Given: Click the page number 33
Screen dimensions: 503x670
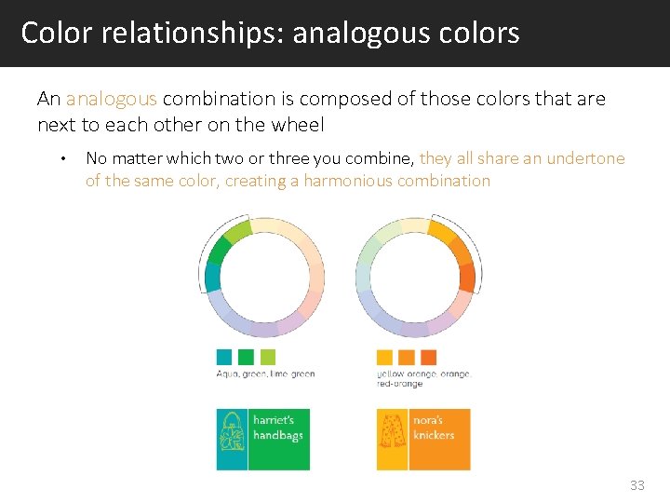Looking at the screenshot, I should (x=636, y=485).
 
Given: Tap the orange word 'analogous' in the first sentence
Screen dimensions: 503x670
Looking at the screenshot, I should (x=111, y=99).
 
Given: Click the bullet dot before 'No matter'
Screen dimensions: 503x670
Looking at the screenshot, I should (x=61, y=158).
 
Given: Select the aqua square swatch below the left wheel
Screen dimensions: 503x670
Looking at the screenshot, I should (x=223, y=357).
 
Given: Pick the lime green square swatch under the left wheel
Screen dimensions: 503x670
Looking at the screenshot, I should (x=268, y=357).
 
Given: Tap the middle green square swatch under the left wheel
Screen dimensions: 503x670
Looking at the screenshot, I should (x=246, y=357).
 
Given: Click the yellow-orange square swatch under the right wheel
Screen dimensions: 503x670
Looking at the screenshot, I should (x=384, y=357).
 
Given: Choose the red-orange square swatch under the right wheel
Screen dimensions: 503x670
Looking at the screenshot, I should (x=428, y=357).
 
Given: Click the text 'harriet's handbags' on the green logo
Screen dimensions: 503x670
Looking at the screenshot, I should (x=278, y=428).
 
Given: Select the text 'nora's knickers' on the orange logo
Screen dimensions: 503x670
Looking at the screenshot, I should (x=434, y=428).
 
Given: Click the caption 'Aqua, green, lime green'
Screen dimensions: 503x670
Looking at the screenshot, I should (x=265, y=374).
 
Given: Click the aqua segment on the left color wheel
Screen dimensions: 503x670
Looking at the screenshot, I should (x=211, y=278).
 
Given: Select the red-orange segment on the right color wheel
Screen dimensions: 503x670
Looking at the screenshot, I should (x=466, y=276).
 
